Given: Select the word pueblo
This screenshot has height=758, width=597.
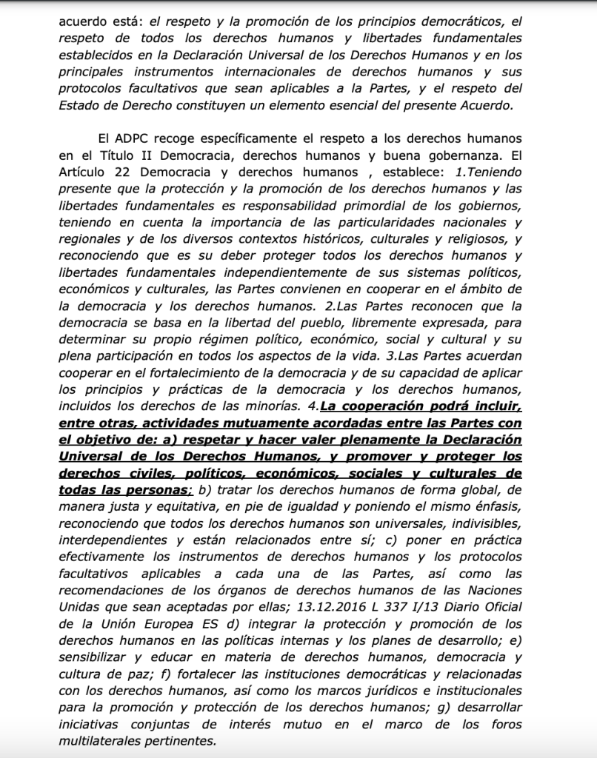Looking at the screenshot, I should click(x=328, y=323).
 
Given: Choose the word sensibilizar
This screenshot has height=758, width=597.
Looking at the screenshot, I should click(x=96, y=657).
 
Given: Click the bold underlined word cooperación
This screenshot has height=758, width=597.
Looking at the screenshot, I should click(x=382, y=406).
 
